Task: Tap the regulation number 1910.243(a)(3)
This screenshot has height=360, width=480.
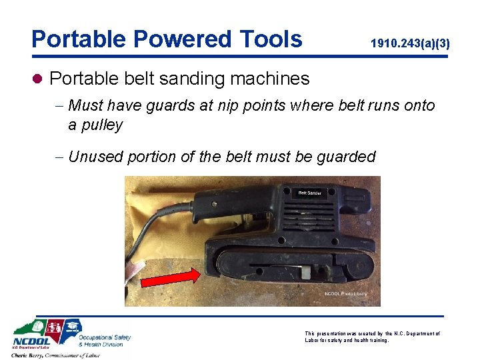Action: pos(410,44)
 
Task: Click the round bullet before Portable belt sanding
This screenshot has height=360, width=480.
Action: pos(38,79)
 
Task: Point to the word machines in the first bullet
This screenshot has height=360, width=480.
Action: pos(269,79)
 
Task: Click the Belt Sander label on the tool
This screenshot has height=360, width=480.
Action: pos(309,193)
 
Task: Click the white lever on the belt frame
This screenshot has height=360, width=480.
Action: pos(304,272)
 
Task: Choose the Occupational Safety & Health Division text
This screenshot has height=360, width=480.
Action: pos(104,341)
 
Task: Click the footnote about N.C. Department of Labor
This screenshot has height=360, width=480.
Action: pos(372,336)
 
